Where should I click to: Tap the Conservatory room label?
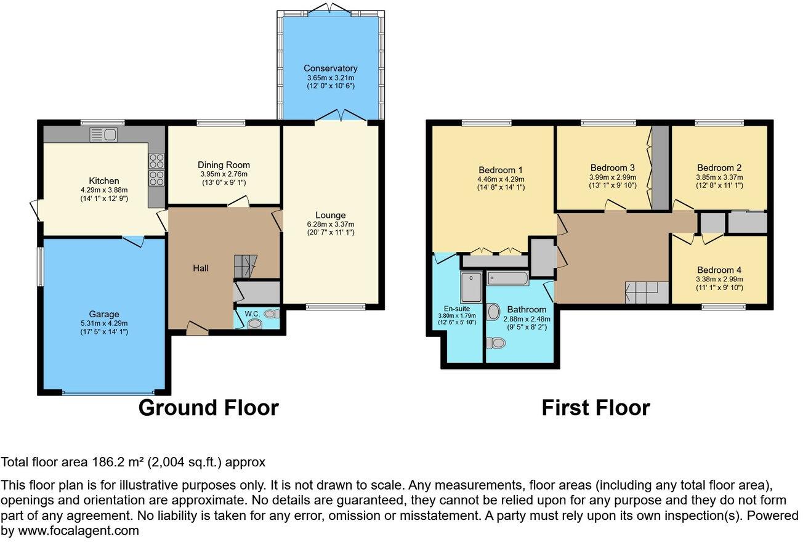tap(330, 68)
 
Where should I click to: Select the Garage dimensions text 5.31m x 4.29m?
tap(103, 323)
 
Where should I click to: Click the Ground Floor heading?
tap(208, 408)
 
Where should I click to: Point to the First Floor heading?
tap(595, 408)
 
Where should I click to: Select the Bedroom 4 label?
tap(719, 270)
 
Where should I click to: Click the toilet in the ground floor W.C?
tap(254, 323)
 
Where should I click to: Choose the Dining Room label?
tap(224, 165)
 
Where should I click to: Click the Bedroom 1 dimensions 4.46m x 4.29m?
tap(501, 179)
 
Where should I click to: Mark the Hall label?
tap(200, 268)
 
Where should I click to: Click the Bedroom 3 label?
tap(612, 168)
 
